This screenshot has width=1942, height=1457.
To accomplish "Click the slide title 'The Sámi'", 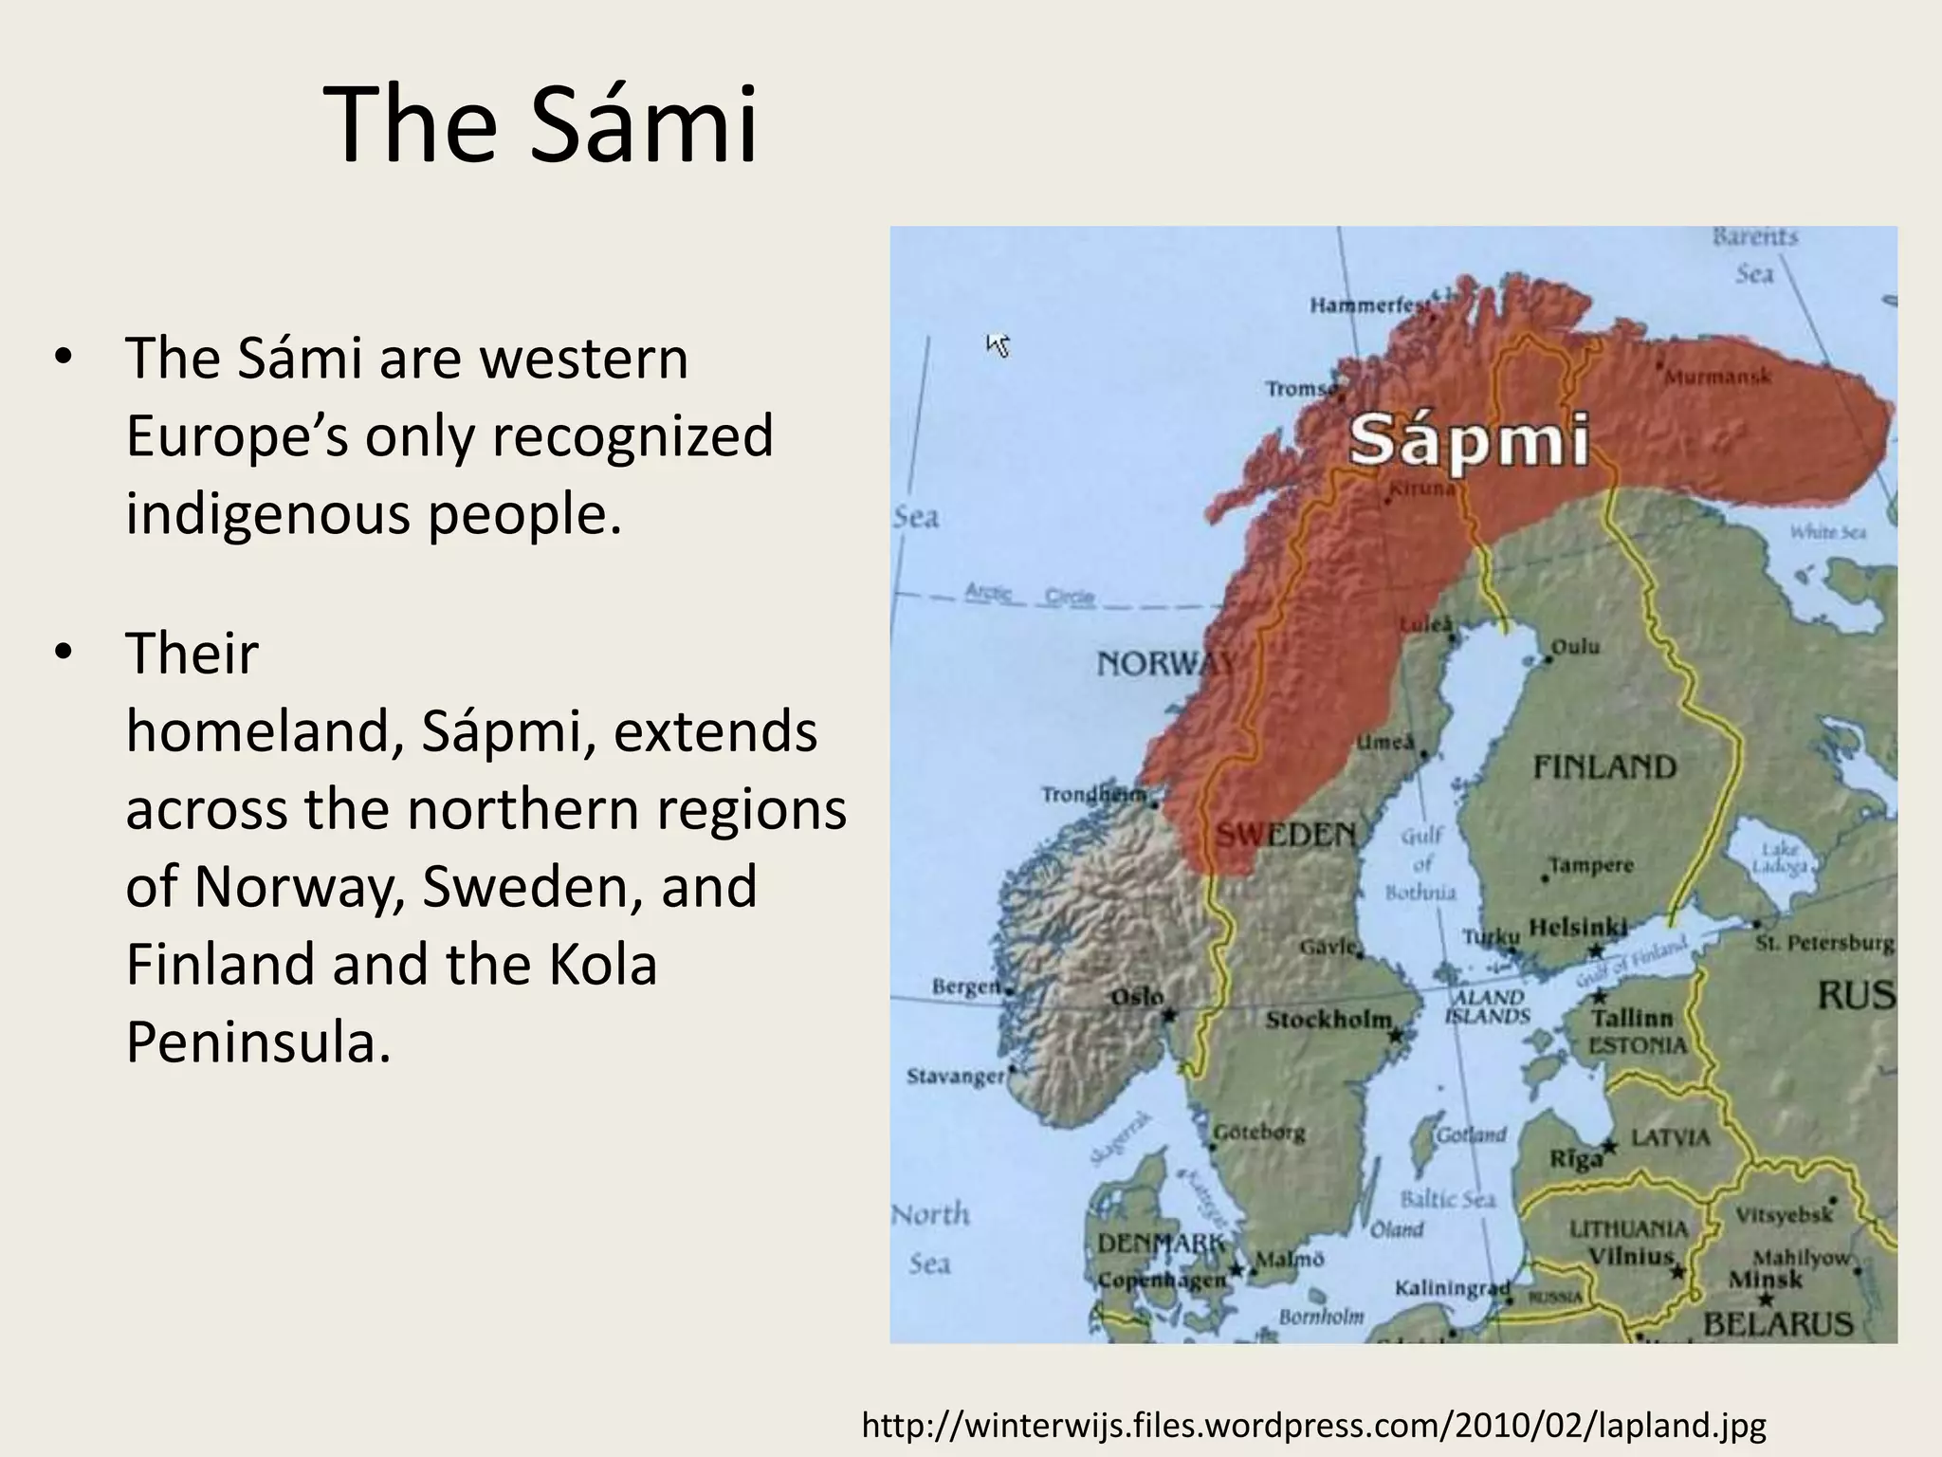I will pyautogui.click(x=540, y=125).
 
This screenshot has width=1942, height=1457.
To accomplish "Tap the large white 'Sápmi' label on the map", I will pyautogui.click(x=1469, y=442).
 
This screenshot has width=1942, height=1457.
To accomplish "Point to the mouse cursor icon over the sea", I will pyautogui.click(x=998, y=345).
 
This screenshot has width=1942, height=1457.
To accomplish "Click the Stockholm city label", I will pyautogui.click(x=1328, y=1021).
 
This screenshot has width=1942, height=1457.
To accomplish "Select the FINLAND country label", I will pyautogui.click(x=1604, y=766).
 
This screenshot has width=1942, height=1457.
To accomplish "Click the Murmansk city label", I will pyautogui.click(x=1717, y=378).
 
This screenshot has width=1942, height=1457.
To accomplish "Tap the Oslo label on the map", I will pyautogui.click(x=1136, y=997).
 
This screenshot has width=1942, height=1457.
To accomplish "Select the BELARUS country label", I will pyautogui.click(x=1778, y=1324).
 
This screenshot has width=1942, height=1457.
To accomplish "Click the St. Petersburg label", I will pyautogui.click(x=1824, y=944).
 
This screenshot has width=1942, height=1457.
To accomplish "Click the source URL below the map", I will pyautogui.click(x=1314, y=1426).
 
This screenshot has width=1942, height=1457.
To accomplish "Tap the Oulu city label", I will pyautogui.click(x=1575, y=646).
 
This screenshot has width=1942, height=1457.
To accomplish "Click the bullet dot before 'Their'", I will pyautogui.click(x=63, y=654).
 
